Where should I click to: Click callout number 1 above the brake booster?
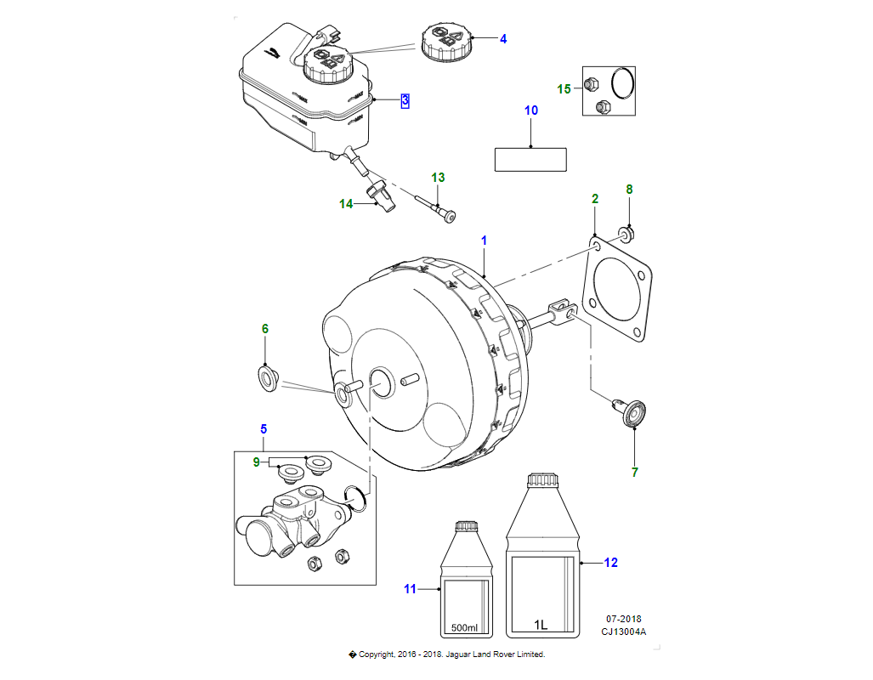click(x=484, y=241)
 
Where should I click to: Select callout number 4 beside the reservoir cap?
click(x=502, y=39)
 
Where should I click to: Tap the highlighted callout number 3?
click(x=405, y=100)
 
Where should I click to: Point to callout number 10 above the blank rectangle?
click(x=531, y=110)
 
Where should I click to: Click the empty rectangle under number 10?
click(x=530, y=159)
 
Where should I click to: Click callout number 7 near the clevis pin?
click(x=634, y=473)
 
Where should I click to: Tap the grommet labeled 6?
click(x=269, y=376)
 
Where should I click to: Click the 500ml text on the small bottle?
click(x=464, y=627)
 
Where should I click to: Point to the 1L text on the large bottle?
click(x=541, y=626)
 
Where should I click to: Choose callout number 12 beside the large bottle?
click(x=610, y=562)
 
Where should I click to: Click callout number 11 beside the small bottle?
click(x=411, y=589)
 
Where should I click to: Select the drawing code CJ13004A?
click(x=624, y=632)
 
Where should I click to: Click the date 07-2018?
click(x=624, y=619)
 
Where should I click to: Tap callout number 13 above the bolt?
click(x=438, y=178)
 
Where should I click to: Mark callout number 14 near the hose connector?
click(x=346, y=204)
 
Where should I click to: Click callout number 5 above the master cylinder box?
click(x=264, y=428)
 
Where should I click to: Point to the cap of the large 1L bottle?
click(x=541, y=481)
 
